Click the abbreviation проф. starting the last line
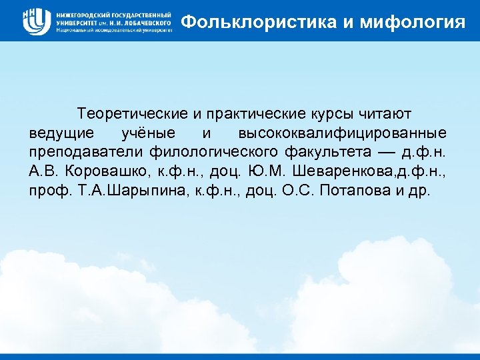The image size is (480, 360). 45,191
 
